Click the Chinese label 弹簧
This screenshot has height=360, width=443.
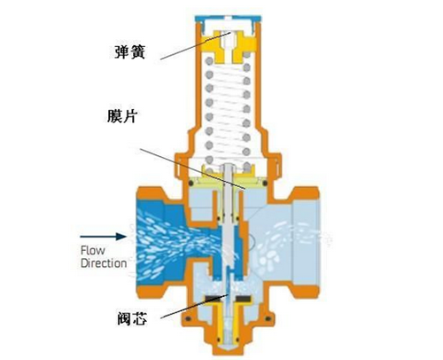(x=130, y=52)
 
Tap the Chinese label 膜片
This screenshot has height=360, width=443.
(x=122, y=116)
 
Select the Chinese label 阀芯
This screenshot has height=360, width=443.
(x=132, y=318)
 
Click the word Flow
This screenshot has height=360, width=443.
(x=93, y=251)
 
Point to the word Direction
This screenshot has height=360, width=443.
(x=104, y=263)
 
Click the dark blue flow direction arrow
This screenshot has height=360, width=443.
(x=103, y=237)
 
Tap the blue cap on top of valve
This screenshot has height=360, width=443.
(x=228, y=20)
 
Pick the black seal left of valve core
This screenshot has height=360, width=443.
(x=212, y=299)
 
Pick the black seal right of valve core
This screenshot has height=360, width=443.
(x=244, y=299)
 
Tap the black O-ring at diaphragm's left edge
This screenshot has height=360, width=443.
(x=191, y=184)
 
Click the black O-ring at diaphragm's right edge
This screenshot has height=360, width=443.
(x=265, y=184)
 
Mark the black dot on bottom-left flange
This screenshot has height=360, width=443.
(x=188, y=319)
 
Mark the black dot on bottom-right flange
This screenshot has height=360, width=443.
(x=268, y=319)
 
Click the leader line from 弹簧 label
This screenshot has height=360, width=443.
(x=196, y=45)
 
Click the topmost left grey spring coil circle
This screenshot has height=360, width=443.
(x=209, y=61)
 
